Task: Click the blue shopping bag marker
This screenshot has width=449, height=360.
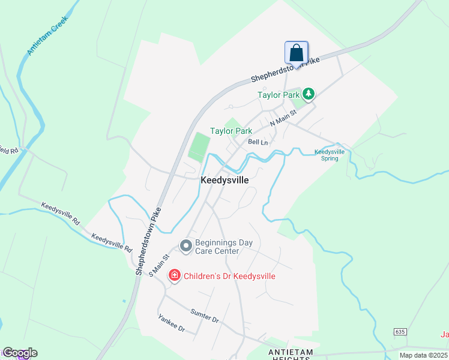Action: (x=296, y=52)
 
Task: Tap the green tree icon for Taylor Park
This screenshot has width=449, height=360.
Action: (x=309, y=94)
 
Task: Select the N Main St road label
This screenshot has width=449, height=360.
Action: (x=284, y=118)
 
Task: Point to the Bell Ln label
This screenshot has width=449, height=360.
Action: (x=258, y=142)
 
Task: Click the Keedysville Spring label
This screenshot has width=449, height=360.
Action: (x=330, y=155)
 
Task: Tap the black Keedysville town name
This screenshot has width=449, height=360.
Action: (x=224, y=179)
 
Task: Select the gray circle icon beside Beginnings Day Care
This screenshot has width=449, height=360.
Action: (x=185, y=246)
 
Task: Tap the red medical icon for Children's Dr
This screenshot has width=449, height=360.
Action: (x=175, y=275)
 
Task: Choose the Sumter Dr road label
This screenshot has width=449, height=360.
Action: (x=205, y=314)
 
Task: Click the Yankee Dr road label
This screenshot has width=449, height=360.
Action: (x=171, y=324)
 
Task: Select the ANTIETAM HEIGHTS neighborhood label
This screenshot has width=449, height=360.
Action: (x=290, y=355)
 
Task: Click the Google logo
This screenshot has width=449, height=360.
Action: (x=19, y=353)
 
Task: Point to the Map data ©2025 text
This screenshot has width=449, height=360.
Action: (x=424, y=355)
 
